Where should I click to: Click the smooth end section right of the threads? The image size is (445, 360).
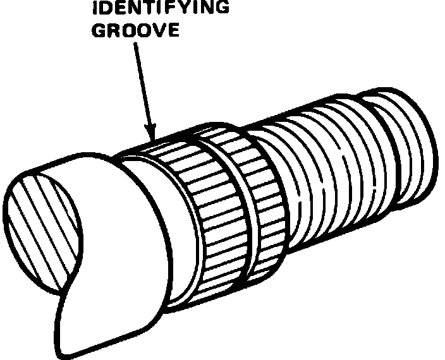click(405, 145)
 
